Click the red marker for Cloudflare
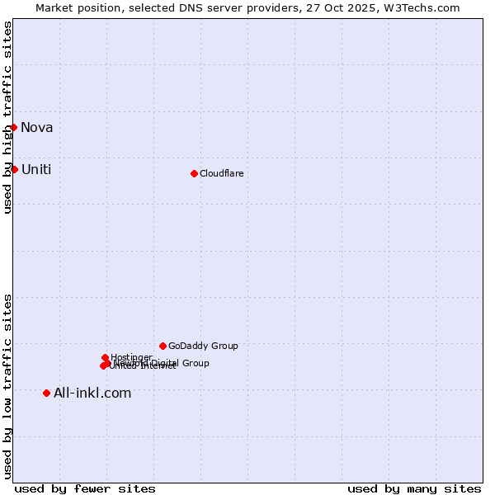tap(195, 173)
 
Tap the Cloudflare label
tap(221, 173)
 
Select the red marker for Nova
tap(14, 127)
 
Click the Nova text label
tap(37, 127)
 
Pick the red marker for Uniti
tap(14, 169)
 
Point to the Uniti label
tap(36, 170)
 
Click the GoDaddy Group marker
tap(163, 346)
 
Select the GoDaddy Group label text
tap(203, 346)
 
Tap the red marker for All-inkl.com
tap(46, 393)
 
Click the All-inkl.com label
tap(92, 393)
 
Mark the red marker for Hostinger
tap(106, 358)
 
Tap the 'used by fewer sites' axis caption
tap(85, 488)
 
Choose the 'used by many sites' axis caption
tap(414, 488)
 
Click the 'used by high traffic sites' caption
tap(8, 117)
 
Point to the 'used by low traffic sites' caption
tap(8, 386)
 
